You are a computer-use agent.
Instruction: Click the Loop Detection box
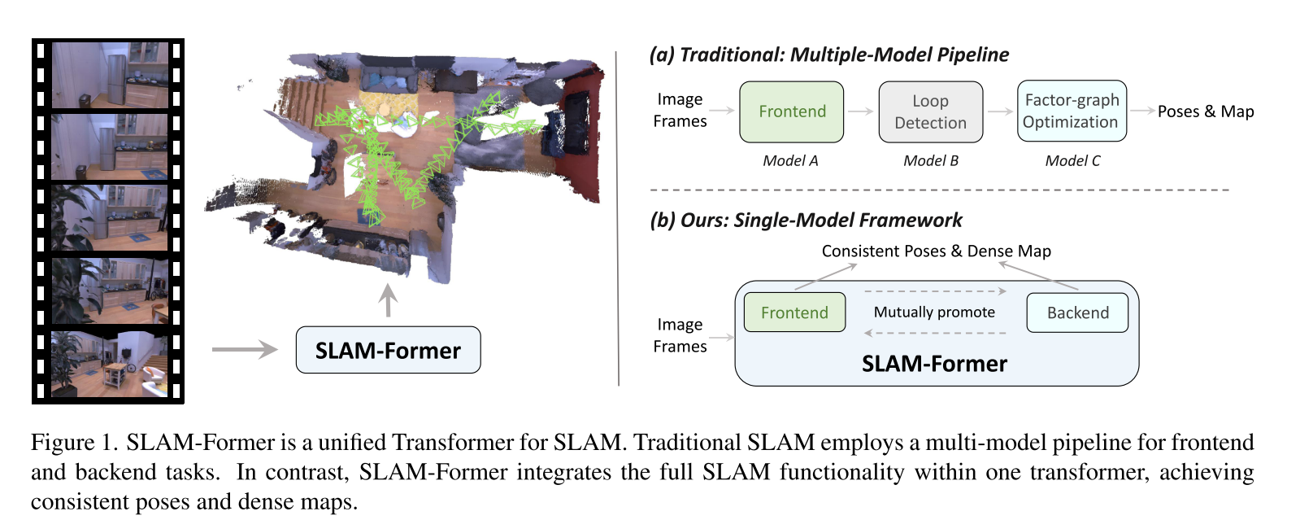pyautogui.click(x=930, y=111)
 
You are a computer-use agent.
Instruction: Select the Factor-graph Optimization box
pyautogui.click(x=1072, y=111)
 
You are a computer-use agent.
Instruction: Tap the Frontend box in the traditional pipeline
pyautogui.click(x=791, y=111)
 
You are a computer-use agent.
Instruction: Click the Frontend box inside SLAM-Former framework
pyautogui.click(x=794, y=312)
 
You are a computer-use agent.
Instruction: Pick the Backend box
pyautogui.click(x=1077, y=312)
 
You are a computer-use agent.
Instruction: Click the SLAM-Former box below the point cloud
pyautogui.click(x=388, y=350)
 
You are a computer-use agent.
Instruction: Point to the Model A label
pyautogui.click(x=790, y=160)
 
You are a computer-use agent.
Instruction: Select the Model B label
pyautogui.click(x=931, y=160)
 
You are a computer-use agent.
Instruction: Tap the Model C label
pyautogui.click(x=1072, y=160)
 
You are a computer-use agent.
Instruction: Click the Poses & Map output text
pyautogui.click(x=1206, y=111)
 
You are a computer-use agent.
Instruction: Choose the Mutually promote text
pyautogui.click(x=934, y=312)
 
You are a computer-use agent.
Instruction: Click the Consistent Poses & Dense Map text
pyautogui.click(x=936, y=251)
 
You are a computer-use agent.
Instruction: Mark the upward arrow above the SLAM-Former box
pyautogui.click(x=388, y=299)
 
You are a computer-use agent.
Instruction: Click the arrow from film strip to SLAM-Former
pyautogui.click(x=245, y=350)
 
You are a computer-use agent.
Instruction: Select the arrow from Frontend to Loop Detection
pyautogui.click(x=860, y=111)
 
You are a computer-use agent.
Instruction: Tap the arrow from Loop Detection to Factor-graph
pyautogui.click(x=1000, y=111)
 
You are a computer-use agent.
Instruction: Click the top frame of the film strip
pyautogui.click(x=110, y=76)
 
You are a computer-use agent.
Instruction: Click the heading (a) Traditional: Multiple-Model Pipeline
pyautogui.click(x=829, y=55)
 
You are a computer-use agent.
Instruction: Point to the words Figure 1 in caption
pyautogui.click(x=74, y=442)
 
